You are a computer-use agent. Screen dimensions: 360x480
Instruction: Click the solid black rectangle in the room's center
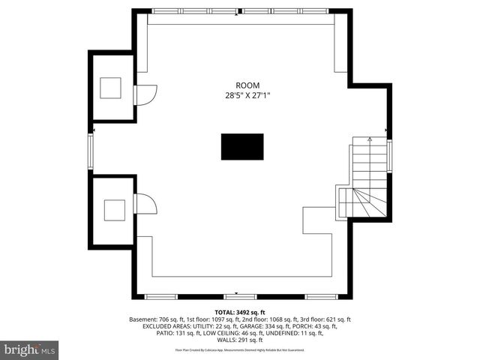point(241,146)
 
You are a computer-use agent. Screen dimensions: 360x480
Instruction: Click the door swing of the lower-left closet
point(145,203)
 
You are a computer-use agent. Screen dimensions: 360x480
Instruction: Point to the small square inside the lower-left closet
point(114,210)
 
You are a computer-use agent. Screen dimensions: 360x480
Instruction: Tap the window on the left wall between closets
point(91,149)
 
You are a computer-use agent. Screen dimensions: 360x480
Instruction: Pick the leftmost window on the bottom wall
point(160,296)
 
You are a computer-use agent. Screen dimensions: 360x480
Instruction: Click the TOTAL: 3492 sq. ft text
point(240,312)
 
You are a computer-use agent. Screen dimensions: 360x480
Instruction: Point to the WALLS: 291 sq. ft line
point(240,340)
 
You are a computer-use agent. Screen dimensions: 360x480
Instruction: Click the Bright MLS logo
point(30,349)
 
